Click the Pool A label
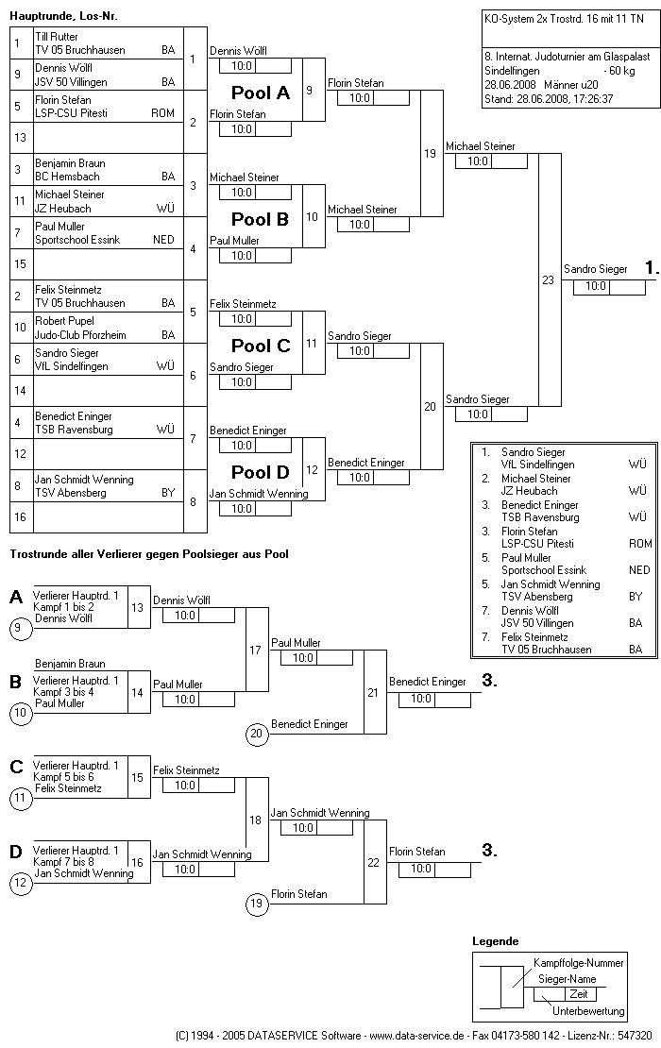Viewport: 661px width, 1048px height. tap(261, 93)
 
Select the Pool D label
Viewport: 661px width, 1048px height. tap(261, 472)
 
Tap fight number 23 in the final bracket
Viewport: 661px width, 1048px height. tap(548, 280)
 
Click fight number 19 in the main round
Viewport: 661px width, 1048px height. tap(430, 154)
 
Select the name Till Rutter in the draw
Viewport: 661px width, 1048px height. tap(56, 37)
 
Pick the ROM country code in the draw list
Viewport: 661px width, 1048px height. tap(162, 113)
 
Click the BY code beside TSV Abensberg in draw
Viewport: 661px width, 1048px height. tap(168, 493)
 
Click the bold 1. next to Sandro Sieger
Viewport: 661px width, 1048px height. tap(652, 269)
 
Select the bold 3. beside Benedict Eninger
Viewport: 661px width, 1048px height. tap(489, 681)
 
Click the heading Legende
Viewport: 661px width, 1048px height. tap(495, 941)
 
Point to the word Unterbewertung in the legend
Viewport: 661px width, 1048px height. tap(588, 1011)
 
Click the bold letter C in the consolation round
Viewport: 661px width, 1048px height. tap(16, 767)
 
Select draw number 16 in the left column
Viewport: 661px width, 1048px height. tap(20, 517)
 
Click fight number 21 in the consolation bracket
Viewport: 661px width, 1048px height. tap(373, 692)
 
